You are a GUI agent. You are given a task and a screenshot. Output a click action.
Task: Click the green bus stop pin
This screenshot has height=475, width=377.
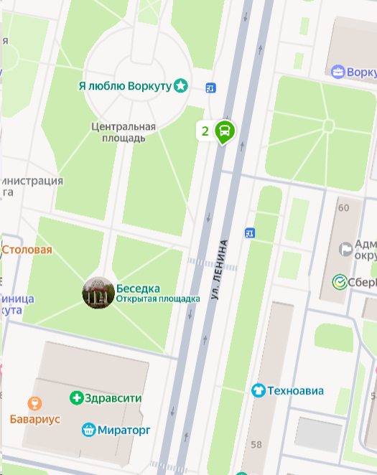pyautogui.click(x=225, y=131)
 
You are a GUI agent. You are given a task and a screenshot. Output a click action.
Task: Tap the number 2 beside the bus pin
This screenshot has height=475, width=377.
pyautogui.click(x=205, y=131)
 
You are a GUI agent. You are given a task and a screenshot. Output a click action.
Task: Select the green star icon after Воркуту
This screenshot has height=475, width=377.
pyautogui.click(x=181, y=86)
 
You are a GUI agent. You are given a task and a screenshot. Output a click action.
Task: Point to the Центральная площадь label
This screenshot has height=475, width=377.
pyautogui.click(x=124, y=132)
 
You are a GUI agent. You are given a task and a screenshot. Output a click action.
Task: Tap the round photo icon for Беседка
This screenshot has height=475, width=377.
pyautogui.click(x=98, y=293)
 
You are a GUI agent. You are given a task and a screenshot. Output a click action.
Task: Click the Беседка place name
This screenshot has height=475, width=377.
pyautogui.click(x=138, y=288)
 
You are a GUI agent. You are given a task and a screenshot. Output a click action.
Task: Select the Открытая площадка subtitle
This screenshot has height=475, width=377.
pyautogui.click(x=158, y=298)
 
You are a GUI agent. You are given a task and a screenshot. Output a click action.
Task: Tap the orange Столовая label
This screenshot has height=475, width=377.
pyautogui.click(x=27, y=250)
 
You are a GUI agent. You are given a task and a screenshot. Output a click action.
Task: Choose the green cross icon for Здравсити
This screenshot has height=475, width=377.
pyautogui.click(x=76, y=398)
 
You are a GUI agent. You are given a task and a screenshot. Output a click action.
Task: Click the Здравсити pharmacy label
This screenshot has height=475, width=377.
pyautogui.click(x=113, y=398)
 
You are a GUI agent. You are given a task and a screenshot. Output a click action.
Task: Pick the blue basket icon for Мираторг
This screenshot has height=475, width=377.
pyautogui.click(x=88, y=430)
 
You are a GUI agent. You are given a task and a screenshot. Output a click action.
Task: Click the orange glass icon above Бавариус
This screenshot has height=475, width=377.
pyautogui.click(x=34, y=403)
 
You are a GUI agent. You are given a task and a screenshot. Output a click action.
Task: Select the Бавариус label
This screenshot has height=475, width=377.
pyautogui.click(x=35, y=419)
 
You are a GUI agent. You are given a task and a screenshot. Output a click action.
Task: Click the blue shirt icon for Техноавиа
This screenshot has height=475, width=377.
pyautogui.click(x=258, y=391)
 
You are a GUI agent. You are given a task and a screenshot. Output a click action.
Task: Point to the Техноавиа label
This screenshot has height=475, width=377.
pyautogui.click(x=295, y=391)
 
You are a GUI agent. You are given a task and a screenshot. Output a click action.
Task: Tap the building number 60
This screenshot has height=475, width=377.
pyautogui.click(x=343, y=208)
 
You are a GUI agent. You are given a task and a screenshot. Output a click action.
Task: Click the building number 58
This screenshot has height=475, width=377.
pyautogui.click(x=256, y=445)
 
